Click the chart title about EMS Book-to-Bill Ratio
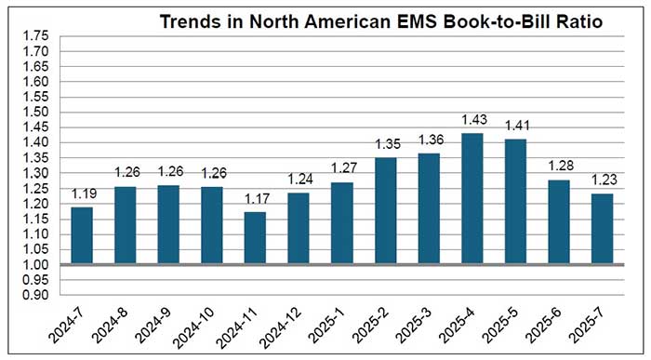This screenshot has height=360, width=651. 381,20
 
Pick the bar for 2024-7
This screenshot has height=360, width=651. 81,235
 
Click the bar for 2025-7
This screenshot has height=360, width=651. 602,229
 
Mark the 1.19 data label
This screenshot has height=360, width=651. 81,194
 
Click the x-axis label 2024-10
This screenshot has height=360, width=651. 205,316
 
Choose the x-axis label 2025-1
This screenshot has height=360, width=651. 337,314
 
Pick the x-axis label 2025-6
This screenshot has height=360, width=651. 554,314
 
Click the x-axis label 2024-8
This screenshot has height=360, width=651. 119,314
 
